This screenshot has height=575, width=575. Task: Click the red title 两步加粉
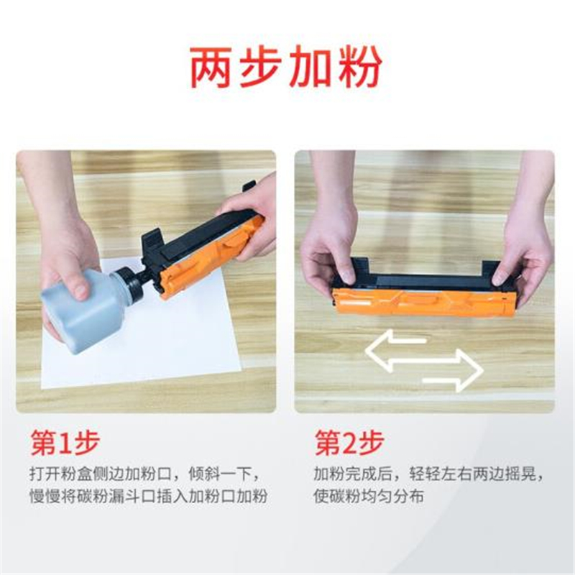pyautogui.click(x=285, y=67)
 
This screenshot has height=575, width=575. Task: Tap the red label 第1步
pyautogui.click(x=65, y=443)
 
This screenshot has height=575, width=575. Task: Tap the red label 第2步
pyautogui.click(x=349, y=443)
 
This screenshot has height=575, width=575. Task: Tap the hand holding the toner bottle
pyautogui.click(x=66, y=257)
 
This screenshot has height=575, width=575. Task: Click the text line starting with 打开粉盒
pyautogui.click(x=144, y=474)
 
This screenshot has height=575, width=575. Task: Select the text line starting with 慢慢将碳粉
pyautogui.click(x=149, y=496)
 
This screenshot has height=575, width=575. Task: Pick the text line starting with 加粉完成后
pyautogui.click(x=428, y=474)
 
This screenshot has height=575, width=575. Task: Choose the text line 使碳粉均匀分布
pyautogui.click(x=369, y=496)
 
